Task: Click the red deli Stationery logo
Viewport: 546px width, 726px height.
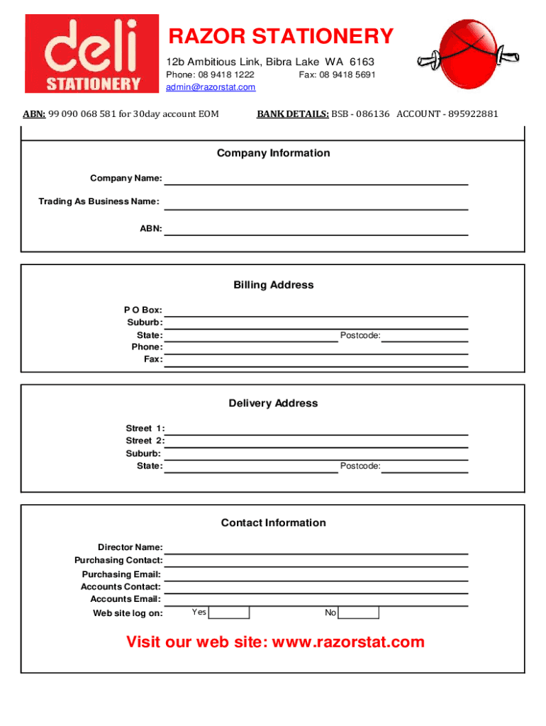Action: click(92, 54)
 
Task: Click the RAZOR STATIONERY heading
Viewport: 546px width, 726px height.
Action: click(279, 36)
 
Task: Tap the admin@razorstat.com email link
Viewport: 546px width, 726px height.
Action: click(211, 87)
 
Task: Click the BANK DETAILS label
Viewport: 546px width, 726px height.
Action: click(292, 113)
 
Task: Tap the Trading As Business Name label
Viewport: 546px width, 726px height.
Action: click(99, 202)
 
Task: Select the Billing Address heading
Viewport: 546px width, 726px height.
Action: click(273, 285)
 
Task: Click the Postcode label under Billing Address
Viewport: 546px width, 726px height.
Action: click(360, 335)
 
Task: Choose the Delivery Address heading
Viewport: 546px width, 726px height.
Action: click(273, 403)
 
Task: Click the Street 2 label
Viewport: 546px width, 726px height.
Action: click(145, 440)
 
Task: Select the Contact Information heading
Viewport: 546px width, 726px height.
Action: click(273, 523)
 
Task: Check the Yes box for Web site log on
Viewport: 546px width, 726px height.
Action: click(229, 613)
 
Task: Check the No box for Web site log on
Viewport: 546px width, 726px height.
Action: click(359, 613)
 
